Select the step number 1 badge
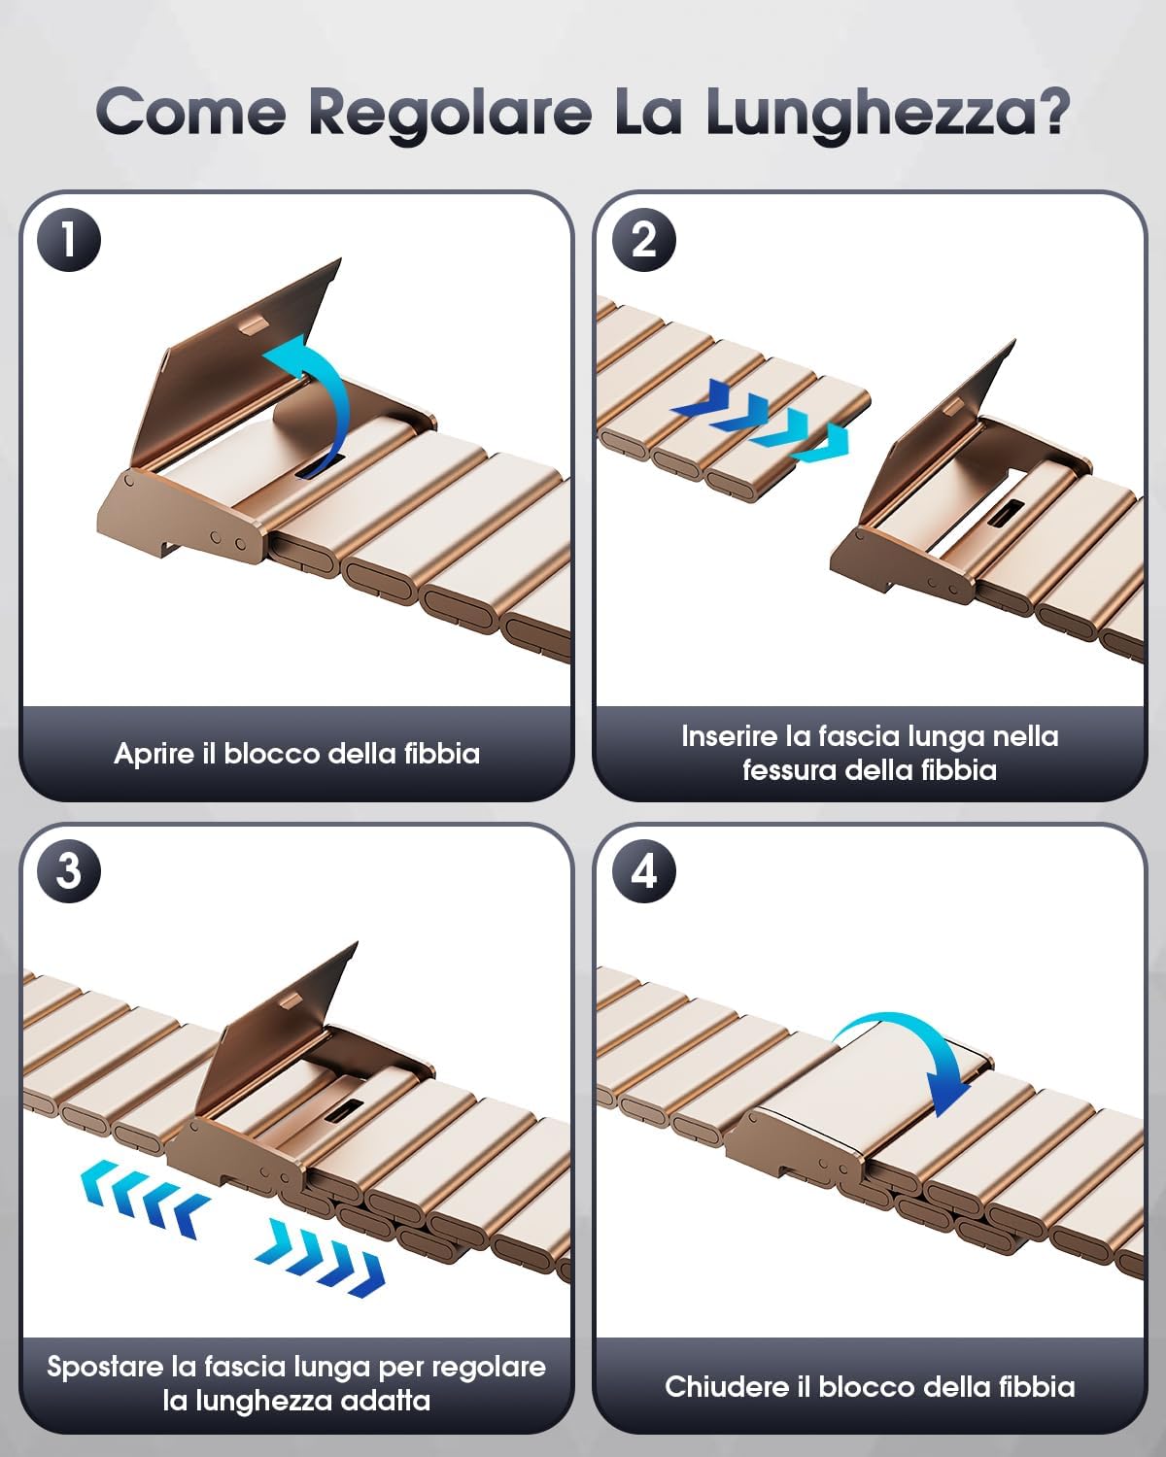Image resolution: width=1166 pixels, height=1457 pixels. click(x=68, y=240)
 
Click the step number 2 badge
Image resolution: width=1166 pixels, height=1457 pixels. click(x=643, y=240)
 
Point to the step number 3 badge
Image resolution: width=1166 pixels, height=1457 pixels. click(x=68, y=871)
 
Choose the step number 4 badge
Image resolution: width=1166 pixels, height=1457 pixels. click(x=643, y=871)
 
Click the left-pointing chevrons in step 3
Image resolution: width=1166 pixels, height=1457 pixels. click(x=145, y=1199)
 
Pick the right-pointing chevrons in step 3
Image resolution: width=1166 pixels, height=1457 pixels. click(x=320, y=1258)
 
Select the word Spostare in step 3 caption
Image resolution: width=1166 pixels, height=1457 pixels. click(x=106, y=1367)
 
